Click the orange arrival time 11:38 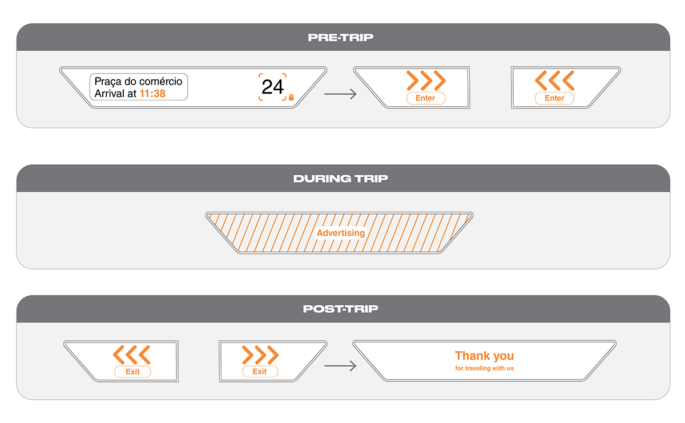152,94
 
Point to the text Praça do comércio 138,82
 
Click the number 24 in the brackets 272,87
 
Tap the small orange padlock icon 291,98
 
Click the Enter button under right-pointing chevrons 425,98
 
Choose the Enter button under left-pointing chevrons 554,98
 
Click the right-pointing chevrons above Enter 425,80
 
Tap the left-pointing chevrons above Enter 554,80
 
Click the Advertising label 340,233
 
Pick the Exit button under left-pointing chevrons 132,372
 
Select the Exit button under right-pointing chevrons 260,372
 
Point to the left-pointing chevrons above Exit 132,354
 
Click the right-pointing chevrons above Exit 260,354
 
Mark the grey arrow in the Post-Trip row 340,366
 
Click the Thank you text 484,356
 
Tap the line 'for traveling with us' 484,369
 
